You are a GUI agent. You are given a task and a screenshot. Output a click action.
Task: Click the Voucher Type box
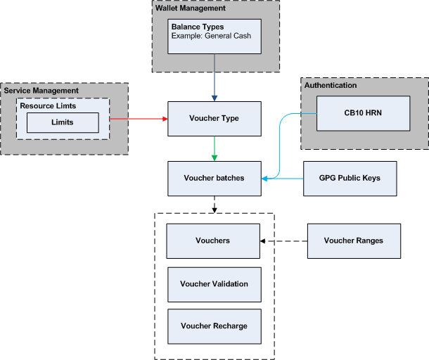coord(214,119)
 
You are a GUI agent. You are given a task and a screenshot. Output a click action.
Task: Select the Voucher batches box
coord(214,178)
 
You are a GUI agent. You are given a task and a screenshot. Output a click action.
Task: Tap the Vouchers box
coord(212,240)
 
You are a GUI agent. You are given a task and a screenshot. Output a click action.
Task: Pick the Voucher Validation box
coord(214,284)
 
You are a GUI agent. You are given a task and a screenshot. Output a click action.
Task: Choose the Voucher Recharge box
coord(214,326)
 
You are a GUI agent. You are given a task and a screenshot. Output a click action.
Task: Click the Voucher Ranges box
coord(354,240)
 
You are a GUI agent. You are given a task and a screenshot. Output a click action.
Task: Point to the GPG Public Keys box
coord(350,178)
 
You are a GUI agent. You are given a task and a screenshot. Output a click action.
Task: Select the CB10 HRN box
coord(363,112)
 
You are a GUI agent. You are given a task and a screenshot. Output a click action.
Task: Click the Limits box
coord(62,122)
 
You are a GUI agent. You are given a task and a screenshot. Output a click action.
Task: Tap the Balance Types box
coord(214,37)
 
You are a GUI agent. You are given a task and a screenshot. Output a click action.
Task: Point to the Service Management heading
coord(41,91)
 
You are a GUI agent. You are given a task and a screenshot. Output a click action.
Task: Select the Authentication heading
coord(331,85)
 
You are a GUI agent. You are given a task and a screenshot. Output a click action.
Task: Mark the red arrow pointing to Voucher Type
coord(139,118)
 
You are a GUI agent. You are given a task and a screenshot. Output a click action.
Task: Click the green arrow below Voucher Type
coord(214,148)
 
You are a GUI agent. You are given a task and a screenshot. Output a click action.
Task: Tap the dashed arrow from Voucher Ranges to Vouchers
coord(284,241)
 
